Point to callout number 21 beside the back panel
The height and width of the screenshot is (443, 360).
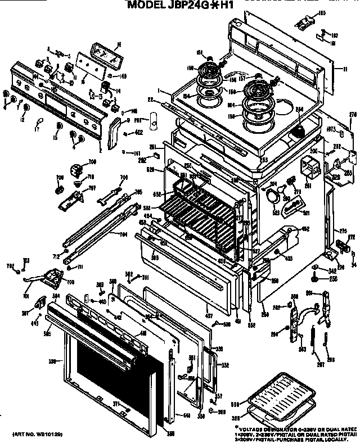344,70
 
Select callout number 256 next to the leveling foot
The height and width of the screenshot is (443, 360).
334,278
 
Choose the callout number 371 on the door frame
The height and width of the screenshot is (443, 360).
116,404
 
